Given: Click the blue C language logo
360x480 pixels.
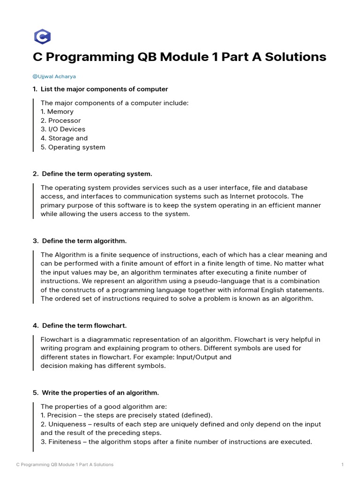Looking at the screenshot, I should [x=42, y=37].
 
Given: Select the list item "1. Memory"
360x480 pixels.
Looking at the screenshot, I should [x=57, y=112].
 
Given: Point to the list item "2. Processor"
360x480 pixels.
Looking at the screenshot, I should [x=60, y=120].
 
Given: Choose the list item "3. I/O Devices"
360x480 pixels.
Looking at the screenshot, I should [x=63, y=129].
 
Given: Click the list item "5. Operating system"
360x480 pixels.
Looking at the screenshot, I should [x=73, y=147].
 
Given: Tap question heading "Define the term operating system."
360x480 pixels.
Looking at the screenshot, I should [x=97, y=174].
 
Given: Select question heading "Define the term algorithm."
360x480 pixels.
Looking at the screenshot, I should [x=84, y=241].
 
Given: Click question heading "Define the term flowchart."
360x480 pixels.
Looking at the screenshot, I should [x=84, y=325].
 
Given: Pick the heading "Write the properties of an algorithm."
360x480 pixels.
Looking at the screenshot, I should [x=100, y=392].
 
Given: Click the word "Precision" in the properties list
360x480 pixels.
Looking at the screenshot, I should [x=63, y=415].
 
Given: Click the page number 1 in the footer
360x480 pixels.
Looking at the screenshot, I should [x=343, y=465].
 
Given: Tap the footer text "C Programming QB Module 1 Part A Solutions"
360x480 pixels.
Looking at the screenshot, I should [x=65, y=465].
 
